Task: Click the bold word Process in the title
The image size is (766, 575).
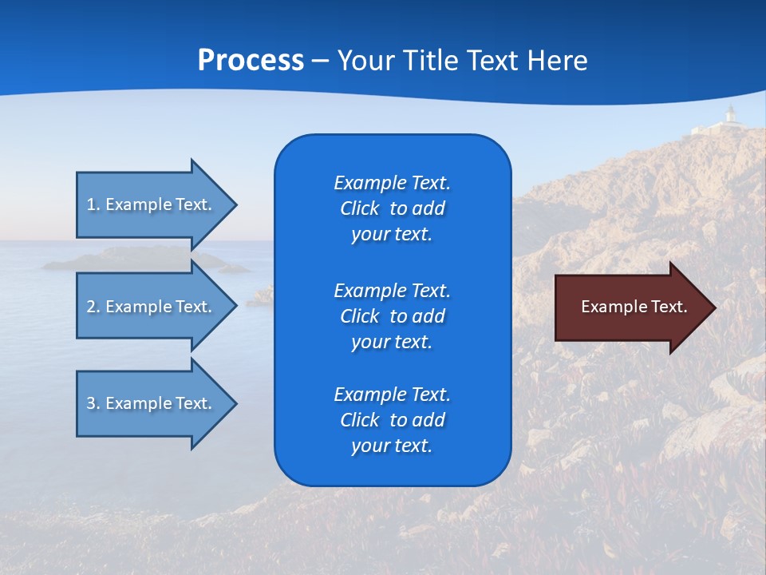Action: pos(251,61)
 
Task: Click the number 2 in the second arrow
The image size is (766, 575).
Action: pos(91,307)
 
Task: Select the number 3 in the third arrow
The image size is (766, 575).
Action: pos(91,403)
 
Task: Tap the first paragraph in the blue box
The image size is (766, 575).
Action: pos(392,208)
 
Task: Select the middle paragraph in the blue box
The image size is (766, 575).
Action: pos(392,316)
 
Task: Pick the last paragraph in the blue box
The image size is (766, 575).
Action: pos(392,420)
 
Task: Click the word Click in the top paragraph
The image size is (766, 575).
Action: pos(359,208)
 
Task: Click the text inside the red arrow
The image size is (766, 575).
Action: pos(634,307)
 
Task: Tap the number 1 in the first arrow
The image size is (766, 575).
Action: pos(91,204)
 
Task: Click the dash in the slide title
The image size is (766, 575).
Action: pos(320,61)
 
